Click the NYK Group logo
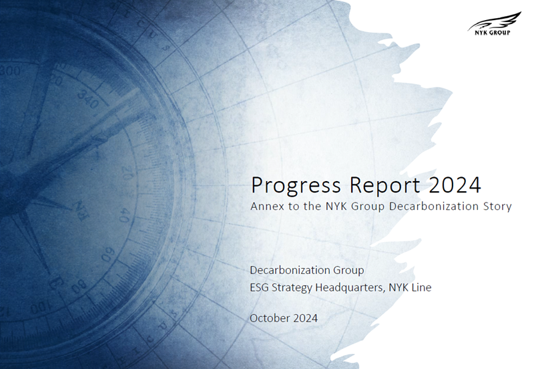(x=494, y=23)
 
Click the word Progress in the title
(x=296, y=186)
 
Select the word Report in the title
(x=384, y=186)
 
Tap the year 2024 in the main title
(x=455, y=185)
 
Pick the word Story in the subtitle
(x=497, y=207)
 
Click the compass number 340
(x=87, y=99)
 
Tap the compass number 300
(x=11, y=72)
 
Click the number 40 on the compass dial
(x=125, y=215)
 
